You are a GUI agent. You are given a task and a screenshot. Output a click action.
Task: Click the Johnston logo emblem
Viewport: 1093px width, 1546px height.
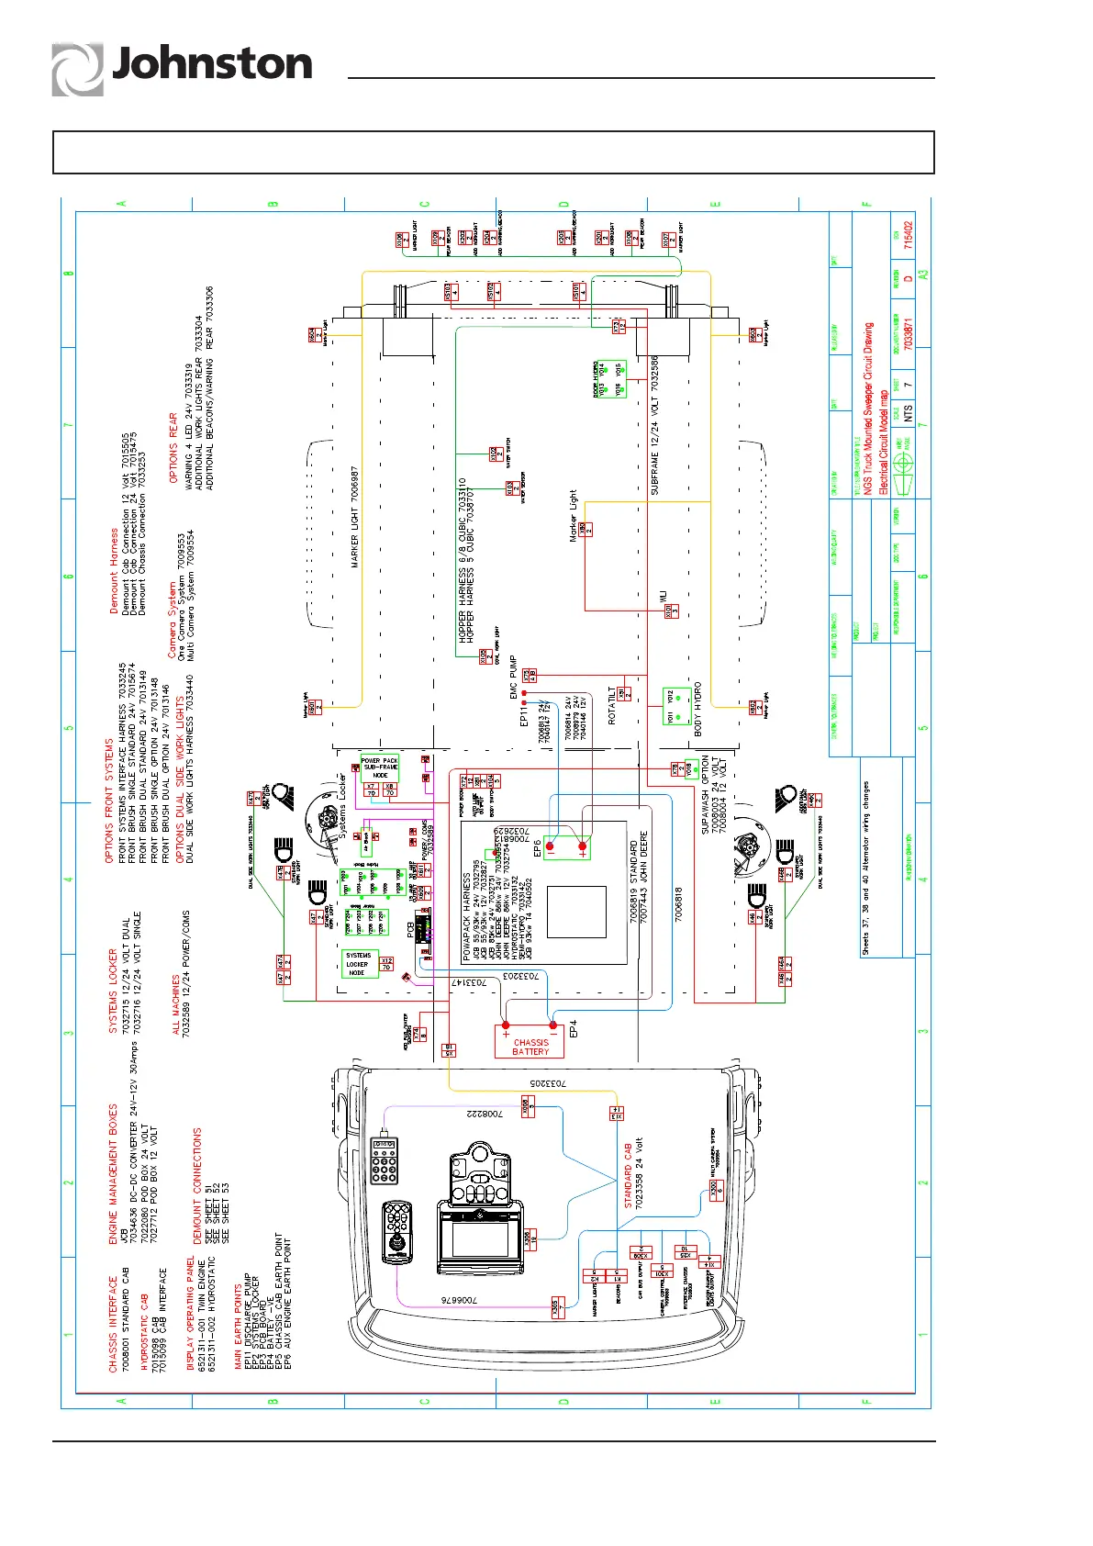(77, 69)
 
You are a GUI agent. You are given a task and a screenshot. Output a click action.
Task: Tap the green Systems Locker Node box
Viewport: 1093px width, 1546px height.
(358, 964)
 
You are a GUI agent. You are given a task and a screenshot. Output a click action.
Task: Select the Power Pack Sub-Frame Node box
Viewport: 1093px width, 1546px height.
(380, 767)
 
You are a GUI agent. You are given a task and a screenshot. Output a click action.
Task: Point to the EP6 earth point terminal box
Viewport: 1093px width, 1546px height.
(566, 847)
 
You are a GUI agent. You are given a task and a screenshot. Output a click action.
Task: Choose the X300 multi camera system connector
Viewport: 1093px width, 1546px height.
(715, 1190)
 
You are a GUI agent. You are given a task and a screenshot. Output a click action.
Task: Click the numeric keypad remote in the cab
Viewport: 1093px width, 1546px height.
(384, 1160)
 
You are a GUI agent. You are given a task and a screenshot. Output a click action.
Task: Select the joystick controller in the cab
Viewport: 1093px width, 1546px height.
(397, 1232)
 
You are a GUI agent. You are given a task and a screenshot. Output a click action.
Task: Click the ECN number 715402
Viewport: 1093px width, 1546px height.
(909, 235)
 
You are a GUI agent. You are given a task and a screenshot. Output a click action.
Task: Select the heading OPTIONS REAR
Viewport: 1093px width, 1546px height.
(173, 448)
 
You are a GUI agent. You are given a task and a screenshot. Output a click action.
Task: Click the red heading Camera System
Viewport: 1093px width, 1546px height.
(172, 620)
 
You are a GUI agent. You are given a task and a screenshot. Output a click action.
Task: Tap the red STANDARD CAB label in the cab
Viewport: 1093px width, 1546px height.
(628, 1175)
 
